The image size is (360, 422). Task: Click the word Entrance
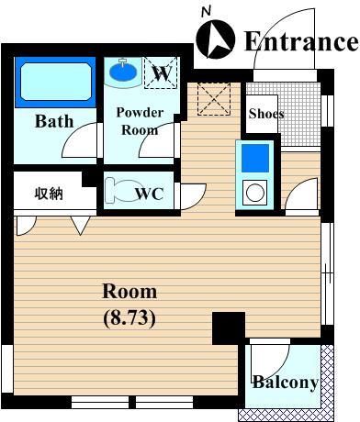click(301, 41)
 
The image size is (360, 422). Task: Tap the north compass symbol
click(216, 39)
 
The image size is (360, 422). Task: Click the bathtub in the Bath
click(56, 82)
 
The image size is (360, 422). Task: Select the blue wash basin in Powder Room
click(123, 72)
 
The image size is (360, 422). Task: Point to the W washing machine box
click(161, 72)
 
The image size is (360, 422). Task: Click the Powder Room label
click(140, 121)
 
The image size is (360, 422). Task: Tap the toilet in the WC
click(120, 190)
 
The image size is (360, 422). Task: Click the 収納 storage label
click(49, 194)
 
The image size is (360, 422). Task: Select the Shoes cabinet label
click(266, 114)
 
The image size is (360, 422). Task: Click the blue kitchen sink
click(255, 159)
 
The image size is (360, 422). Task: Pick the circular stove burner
click(255, 193)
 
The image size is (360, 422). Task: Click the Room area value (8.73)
click(129, 318)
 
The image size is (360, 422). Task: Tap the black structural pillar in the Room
click(229, 328)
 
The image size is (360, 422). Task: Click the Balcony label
click(286, 383)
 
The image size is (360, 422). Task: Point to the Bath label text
click(54, 121)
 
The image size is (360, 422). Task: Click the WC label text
click(150, 194)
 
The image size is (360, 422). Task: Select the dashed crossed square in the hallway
click(214, 99)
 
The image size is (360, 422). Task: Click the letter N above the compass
click(207, 12)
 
